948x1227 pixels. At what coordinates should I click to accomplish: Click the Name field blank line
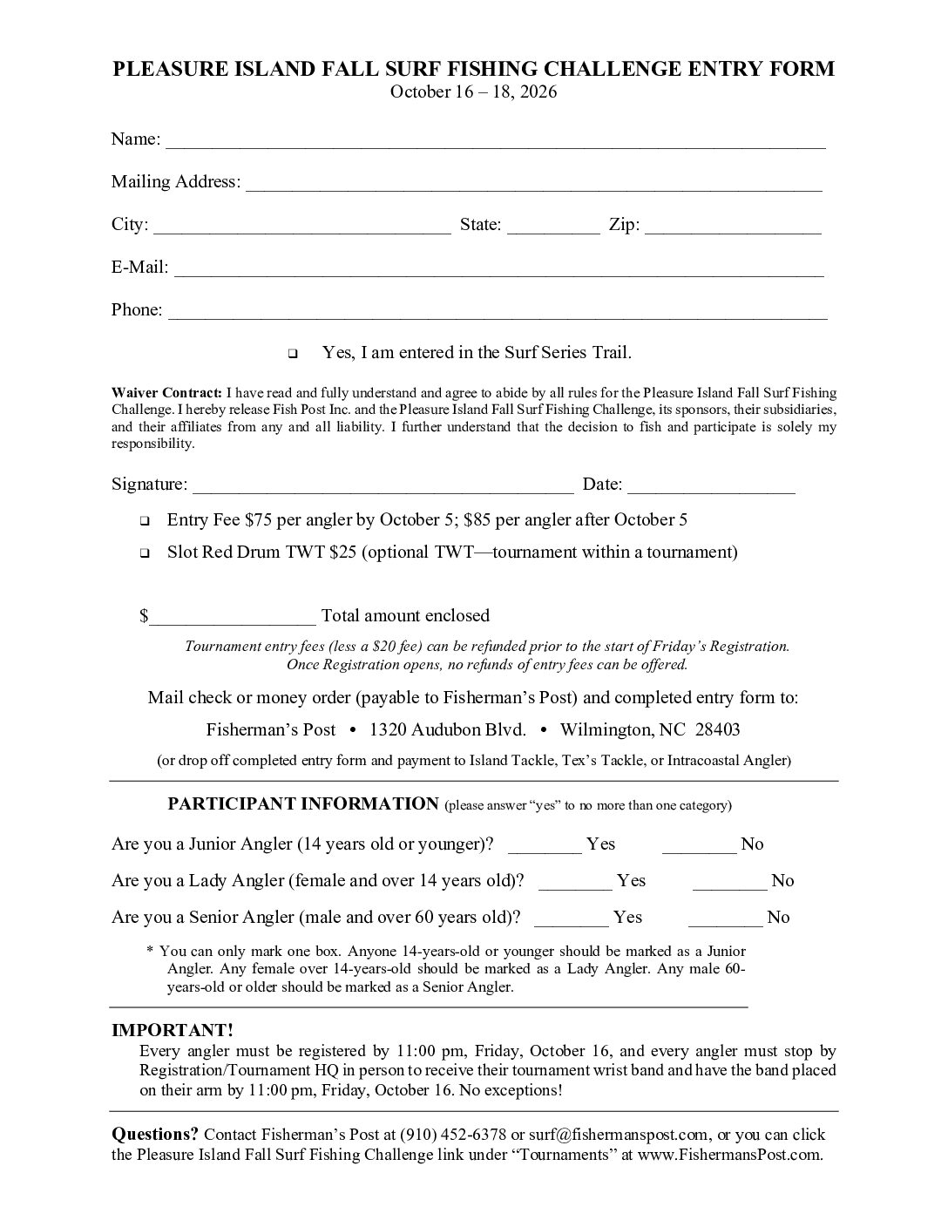(x=495, y=141)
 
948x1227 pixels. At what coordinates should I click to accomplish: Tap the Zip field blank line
(x=733, y=227)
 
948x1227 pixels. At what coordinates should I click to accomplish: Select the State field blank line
(x=552, y=227)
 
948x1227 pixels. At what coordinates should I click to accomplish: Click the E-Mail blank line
(x=498, y=269)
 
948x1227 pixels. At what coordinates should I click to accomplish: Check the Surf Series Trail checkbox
(x=292, y=354)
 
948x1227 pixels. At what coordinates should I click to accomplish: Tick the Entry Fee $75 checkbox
(x=145, y=521)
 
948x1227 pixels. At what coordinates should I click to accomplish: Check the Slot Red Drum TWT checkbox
(x=145, y=553)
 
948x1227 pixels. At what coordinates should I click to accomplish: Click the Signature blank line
(x=383, y=486)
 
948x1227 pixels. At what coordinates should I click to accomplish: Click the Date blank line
(x=710, y=486)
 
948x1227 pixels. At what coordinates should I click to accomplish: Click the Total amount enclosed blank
(x=233, y=618)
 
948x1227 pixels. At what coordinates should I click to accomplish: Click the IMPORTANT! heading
(x=173, y=1030)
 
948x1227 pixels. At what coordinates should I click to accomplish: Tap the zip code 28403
(x=717, y=729)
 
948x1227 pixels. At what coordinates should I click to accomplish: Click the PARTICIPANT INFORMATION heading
(x=302, y=803)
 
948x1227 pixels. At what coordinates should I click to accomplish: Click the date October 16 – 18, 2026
(x=473, y=92)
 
